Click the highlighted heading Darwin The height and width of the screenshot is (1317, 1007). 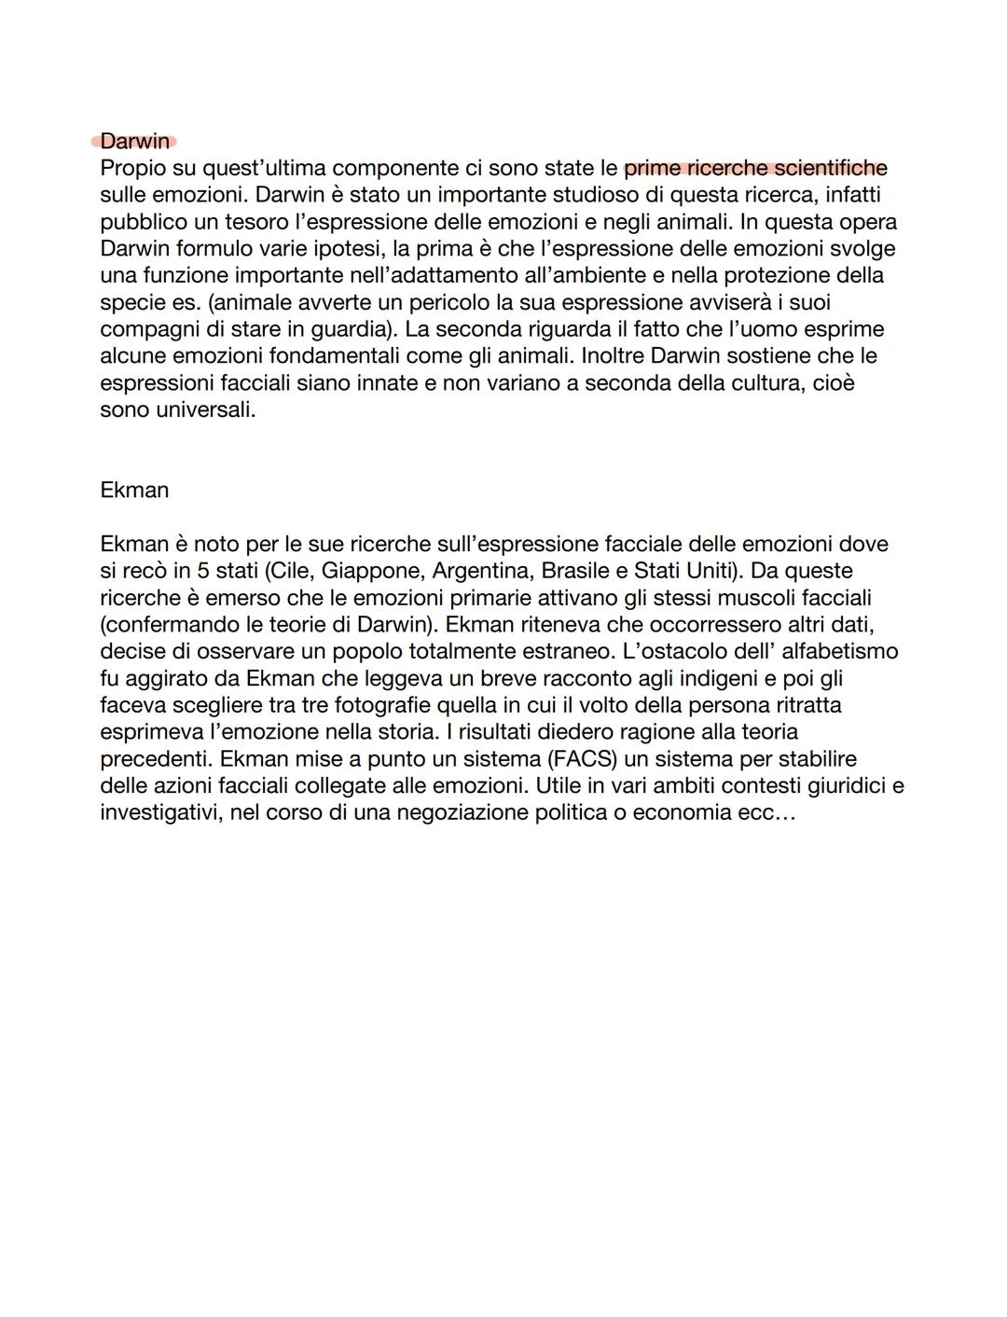tap(135, 142)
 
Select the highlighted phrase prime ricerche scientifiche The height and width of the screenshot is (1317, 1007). tap(755, 169)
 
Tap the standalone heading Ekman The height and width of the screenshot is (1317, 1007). tap(134, 491)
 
